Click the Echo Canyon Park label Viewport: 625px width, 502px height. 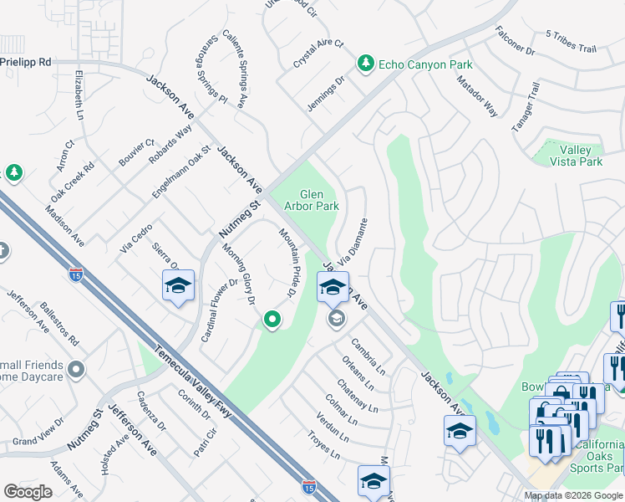[x=425, y=64]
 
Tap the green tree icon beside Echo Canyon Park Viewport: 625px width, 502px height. [x=365, y=64]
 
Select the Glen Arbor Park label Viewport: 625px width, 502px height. [x=312, y=199]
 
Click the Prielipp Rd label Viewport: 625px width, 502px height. [x=26, y=62]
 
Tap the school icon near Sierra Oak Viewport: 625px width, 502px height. [x=178, y=286]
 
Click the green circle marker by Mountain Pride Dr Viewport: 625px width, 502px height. [x=272, y=319]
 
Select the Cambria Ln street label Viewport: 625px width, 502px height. [x=368, y=356]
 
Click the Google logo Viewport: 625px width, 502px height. [x=28, y=492]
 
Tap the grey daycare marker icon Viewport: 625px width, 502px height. [x=76, y=369]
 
